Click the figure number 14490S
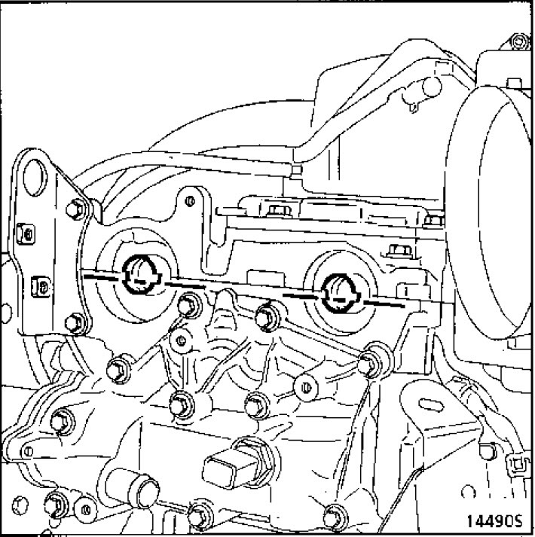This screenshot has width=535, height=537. point(494,521)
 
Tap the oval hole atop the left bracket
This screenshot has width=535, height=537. point(35,178)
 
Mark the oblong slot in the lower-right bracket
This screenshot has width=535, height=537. point(431,405)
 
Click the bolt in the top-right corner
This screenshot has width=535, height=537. point(519,41)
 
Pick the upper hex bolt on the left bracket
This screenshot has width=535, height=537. point(76,209)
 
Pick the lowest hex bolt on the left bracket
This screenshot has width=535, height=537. point(75,323)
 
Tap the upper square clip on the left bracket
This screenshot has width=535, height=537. point(26,233)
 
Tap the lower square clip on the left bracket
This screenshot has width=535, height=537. point(41,287)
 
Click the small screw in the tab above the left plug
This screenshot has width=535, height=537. point(190,200)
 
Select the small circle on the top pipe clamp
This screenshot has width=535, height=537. point(432,87)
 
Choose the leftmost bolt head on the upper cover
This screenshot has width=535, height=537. point(279,211)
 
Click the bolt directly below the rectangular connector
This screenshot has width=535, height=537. point(200,515)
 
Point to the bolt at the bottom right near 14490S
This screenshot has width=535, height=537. point(335,517)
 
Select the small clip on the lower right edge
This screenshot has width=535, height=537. point(517,465)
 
